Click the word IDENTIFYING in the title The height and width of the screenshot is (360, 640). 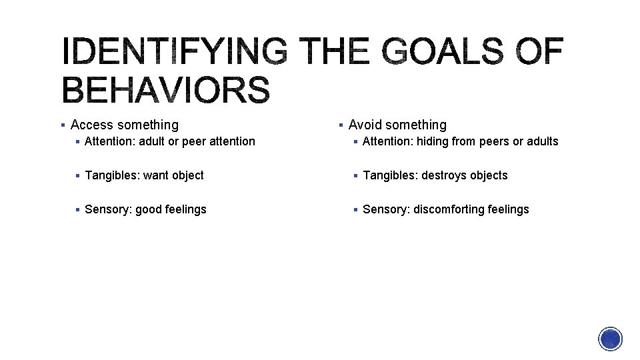click(x=175, y=53)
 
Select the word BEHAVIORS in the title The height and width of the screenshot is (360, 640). click(x=166, y=91)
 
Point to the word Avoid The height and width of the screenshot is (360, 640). click(x=365, y=125)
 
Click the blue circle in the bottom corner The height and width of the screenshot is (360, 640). click(x=610, y=339)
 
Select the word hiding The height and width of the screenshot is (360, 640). click(x=433, y=141)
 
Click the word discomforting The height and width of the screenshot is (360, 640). click(x=447, y=209)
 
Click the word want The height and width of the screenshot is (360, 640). click(x=156, y=175)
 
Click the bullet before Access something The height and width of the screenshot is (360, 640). click(x=62, y=125)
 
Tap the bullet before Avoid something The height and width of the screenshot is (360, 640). click(x=340, y=125)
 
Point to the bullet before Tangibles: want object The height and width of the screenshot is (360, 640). click(x=78, y=175)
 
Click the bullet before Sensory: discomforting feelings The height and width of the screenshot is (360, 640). click(x=355, y=209)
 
